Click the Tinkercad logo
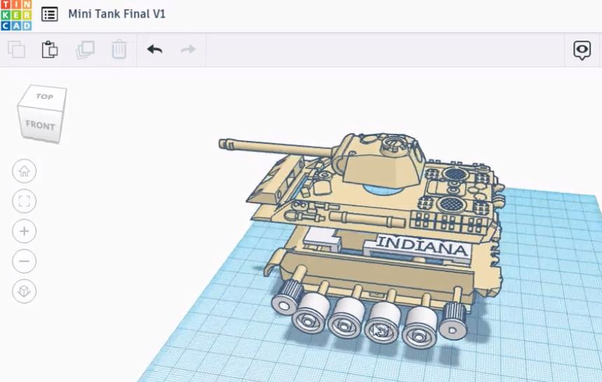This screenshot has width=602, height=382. click(15, 15)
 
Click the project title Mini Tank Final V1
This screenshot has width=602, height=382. click(116, 14)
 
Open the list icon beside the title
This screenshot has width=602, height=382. click(50, 14)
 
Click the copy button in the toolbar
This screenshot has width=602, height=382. click(16, 50)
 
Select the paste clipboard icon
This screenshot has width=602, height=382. click(50, 50)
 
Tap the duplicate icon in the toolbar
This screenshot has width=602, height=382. click(85, 50)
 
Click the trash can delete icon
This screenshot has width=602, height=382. click(119, 50)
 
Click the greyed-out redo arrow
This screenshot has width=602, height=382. click(188, 50)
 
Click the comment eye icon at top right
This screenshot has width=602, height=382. click(582, 50)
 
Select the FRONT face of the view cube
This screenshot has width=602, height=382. click(40, 125)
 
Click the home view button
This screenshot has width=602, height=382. click(25, 171)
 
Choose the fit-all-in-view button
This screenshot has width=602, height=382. click(25, 202)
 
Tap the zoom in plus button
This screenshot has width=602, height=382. click(25, 231)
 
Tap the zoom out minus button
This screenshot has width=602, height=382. click(25, 261)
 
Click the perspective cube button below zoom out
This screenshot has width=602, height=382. click(25, 291)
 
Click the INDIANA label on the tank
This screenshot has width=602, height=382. click(422, 246)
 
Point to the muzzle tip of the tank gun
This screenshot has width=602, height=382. click(224, 144)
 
